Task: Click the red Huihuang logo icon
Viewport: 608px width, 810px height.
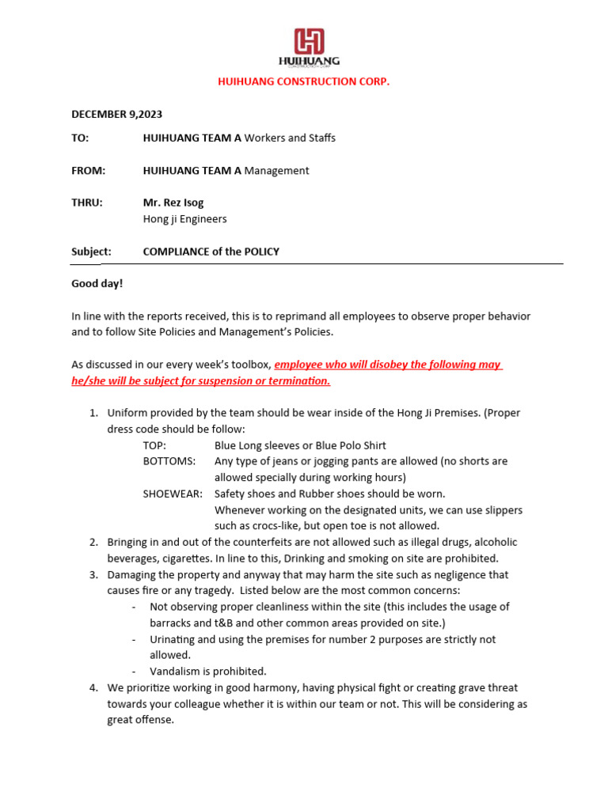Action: click(309, 41)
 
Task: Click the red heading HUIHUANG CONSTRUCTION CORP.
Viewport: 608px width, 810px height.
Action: click(304, 81)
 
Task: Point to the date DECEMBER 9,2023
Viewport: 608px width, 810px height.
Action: click(117, 115)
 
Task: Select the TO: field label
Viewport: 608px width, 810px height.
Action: click(80, 138)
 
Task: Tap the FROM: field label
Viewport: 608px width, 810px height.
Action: click(88, 170)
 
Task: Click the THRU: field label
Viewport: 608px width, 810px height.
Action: click(87, 202)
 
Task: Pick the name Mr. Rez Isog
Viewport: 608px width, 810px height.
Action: click(173, 202)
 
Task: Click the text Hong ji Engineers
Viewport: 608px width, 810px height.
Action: click(184, 219)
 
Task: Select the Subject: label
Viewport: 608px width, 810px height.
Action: click(91, 252)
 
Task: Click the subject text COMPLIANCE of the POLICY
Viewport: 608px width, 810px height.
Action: click(211, 252)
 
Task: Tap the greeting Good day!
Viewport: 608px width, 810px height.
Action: click(97, 282)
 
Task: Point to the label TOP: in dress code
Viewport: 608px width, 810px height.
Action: click(154, 445)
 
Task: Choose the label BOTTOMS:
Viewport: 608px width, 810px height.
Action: click(169, 461)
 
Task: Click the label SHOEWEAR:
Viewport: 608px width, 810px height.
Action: click(172, 494)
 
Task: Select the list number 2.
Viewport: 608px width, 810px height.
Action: click(93, 542)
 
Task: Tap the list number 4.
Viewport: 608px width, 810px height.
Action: click(93, 687)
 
